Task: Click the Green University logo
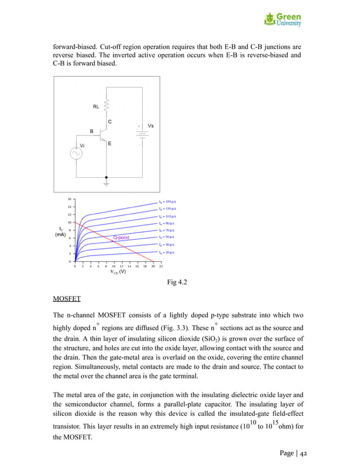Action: pos(283,20)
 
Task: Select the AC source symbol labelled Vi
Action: pos(74,153)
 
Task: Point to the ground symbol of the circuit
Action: pos(107,183)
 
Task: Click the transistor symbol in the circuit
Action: pos(103,134)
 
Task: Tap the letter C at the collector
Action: pos(109,122)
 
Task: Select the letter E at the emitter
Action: pos(109,144)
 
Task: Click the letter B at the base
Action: pos(92,131)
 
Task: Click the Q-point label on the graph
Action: pos(121,238)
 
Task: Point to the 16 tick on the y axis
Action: pos(69,199)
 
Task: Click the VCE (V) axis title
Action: pos(117,272)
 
